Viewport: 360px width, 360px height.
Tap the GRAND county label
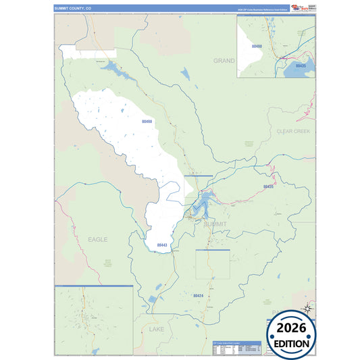click(x=224, y=61)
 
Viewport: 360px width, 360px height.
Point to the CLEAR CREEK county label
click(x=292, y=131)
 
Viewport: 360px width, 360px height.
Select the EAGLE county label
click(x=97, y=239)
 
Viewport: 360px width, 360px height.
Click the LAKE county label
click(x=156, y=329)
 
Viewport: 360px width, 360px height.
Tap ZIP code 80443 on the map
click(x=161, y=245)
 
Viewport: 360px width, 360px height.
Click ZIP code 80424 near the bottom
click(x=198, y=296)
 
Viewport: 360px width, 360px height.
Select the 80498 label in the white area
click(x=147, y=121)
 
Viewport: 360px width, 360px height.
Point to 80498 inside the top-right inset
click(x=255, y=47)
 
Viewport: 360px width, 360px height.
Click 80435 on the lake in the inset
click(x=301, y=66)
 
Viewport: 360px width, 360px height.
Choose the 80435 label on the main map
click(x=268, y=186)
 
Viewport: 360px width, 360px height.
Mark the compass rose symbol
click(x=308, y=308)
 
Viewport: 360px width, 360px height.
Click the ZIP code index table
click(x=236, y=346)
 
